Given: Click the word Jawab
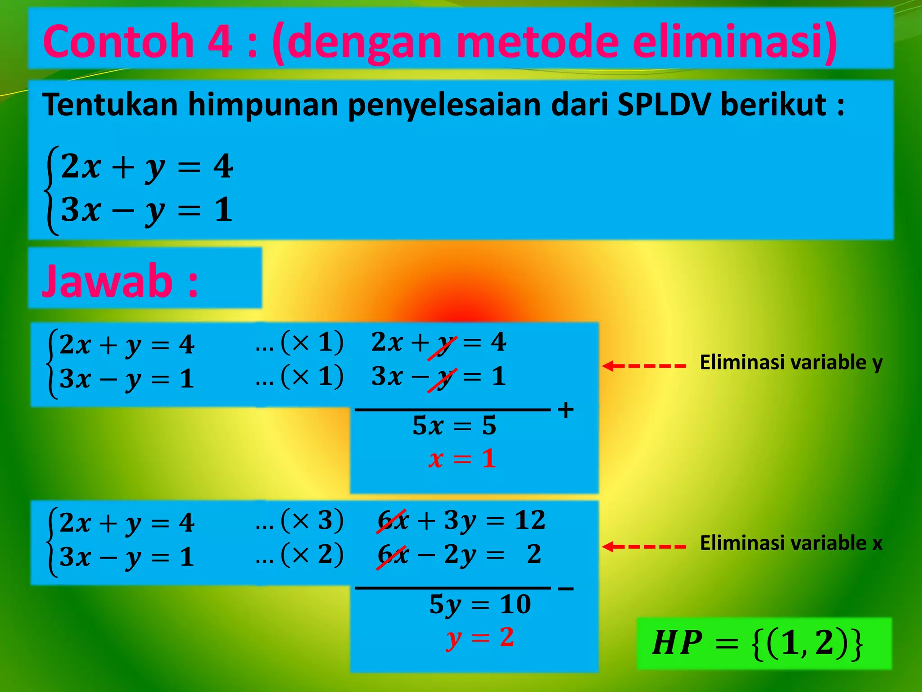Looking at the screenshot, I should [107, 281].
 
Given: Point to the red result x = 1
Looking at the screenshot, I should [462, 459].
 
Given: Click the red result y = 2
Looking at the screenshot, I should [480, 638].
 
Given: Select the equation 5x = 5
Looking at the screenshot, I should [454, 425].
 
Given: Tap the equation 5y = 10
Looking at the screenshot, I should [480, 604].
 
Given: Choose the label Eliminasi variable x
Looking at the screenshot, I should [791, 543].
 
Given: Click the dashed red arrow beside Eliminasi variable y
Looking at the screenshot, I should [644, 366].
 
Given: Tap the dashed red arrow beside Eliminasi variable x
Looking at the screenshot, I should [644, 546].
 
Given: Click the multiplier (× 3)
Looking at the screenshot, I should [312, 521].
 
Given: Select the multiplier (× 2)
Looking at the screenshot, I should [312, 555].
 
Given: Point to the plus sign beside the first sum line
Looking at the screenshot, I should [565, 410].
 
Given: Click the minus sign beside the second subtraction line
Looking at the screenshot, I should [565, 588].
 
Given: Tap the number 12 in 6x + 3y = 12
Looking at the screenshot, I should [530, 520].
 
